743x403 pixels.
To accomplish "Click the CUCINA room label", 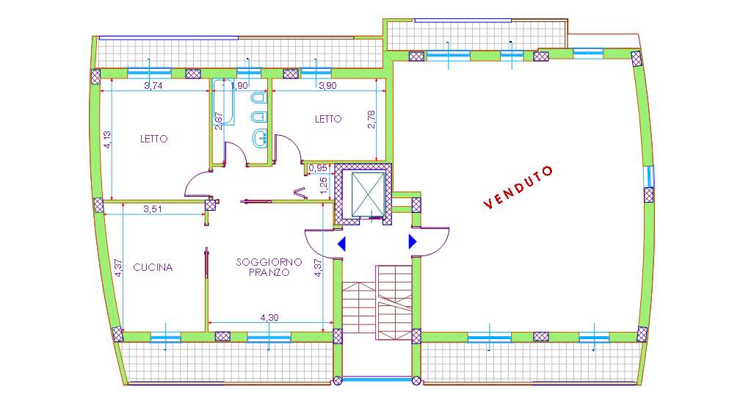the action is (153, 267).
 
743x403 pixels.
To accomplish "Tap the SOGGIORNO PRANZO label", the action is (269, 267).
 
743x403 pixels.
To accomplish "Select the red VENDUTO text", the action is (518, 187).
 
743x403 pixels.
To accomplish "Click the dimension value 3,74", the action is (153, 86).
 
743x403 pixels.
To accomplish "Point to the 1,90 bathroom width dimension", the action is (239, 86).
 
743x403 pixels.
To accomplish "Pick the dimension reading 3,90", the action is (328, 86).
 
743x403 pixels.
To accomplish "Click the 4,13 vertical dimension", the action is (108, 140).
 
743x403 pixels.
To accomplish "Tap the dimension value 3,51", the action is (153, 208).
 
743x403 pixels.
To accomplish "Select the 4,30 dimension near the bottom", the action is (269, 318).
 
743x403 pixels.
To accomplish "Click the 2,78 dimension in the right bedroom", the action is (371, 120).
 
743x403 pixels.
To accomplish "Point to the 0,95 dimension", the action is (318, 168).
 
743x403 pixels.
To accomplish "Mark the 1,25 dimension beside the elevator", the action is (324, 185).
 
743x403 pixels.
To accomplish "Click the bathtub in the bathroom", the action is (223, 102).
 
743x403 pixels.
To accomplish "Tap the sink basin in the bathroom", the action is (260, 138).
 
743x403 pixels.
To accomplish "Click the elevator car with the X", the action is (368, 193).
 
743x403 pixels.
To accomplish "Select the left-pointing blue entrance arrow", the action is (341, 244).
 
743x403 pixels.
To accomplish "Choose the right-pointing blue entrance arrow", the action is (413, 242).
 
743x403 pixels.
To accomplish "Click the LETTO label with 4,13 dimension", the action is (153, 139).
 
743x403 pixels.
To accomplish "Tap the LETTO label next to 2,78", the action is (328, 119).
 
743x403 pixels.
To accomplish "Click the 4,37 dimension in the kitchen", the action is (119, 267).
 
